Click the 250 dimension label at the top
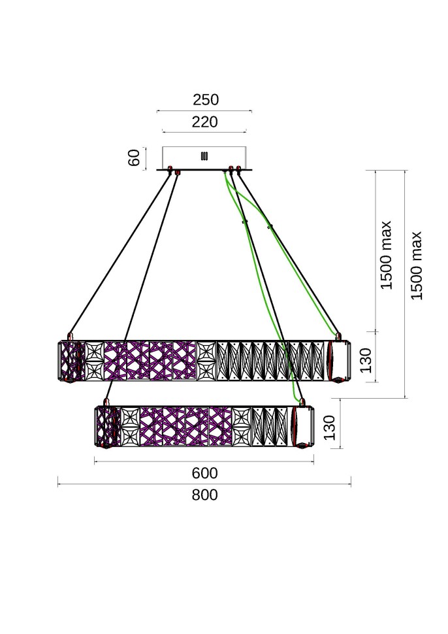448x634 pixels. coord(205,100)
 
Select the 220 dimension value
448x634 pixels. coord(205,122)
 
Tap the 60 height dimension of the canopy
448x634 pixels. coord(135,158)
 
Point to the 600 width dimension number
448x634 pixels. coord(204,473)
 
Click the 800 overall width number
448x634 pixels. coord(204,495)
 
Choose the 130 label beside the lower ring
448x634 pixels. coord(330,428)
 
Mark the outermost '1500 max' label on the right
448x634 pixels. coord(417,265)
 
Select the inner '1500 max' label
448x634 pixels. coord(387,255)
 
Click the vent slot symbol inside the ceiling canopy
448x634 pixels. coord(204,156)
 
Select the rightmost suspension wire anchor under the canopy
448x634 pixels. coord(239,171)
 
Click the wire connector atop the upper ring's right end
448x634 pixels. coord(338,337)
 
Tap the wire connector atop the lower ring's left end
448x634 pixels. coord(106,401)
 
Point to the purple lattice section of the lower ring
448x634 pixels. coord(185,426)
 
